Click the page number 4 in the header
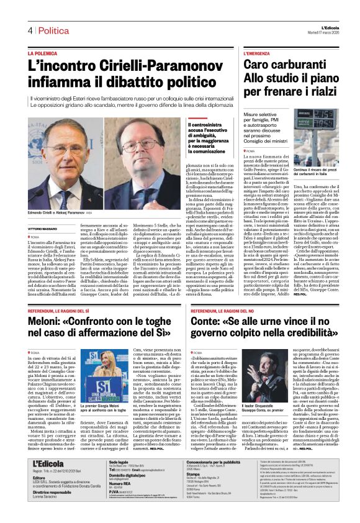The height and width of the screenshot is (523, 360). (x=29, y=30)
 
